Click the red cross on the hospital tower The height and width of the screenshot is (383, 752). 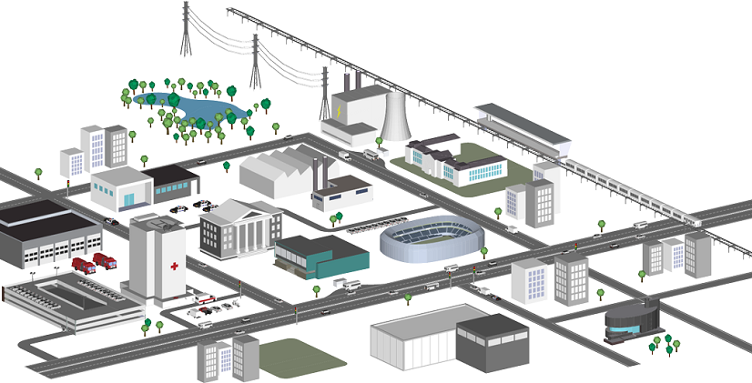[x=174, y=267]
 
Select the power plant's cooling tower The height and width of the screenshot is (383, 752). [x=394, y=114]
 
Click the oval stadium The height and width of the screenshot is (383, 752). [x=432, y=239]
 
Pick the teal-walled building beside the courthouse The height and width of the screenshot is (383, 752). [x=322, y=256]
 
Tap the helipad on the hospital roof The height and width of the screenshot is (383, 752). [x=157, y=222]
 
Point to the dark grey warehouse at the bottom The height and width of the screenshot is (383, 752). [x=492, y=344]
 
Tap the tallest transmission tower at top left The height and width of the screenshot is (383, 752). [x=187, y=27]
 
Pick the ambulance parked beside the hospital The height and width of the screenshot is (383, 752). [x=206, y=299]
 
